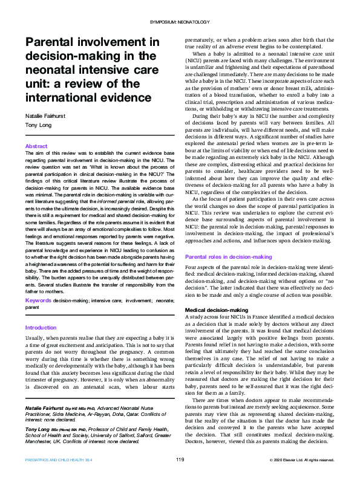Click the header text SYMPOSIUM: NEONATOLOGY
(179, 22)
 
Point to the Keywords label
(38, 299)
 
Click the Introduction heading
(41, 328)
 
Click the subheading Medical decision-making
(216, 310)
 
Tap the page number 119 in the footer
(180, 459)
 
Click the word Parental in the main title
(51, 42)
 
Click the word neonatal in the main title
(50, 69)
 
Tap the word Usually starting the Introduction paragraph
(34, 339)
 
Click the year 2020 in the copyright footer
(282, 460)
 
